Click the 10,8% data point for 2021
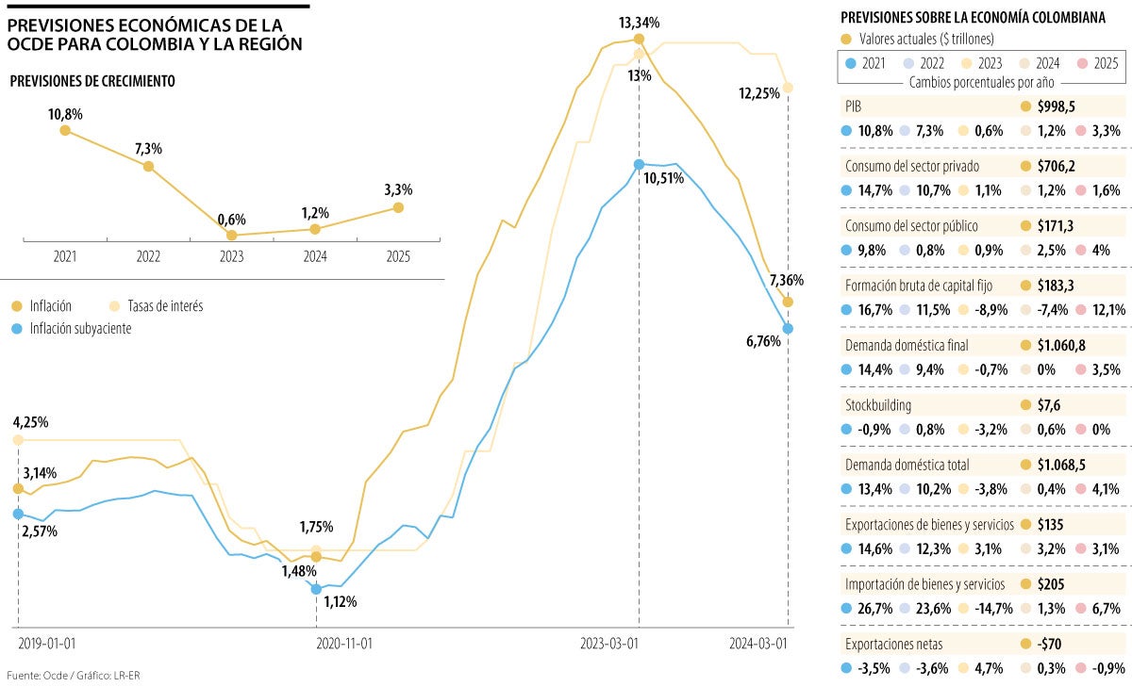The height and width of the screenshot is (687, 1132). point(65,130)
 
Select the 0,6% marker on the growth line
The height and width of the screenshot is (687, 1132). point(231,235)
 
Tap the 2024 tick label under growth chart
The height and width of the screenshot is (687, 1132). point(314,256)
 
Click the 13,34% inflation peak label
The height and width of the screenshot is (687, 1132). point(639,22)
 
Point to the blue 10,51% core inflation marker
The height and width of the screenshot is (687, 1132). point(639,164)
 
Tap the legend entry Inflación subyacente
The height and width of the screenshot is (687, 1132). point(79,328)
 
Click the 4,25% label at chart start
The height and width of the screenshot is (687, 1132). point(30,421)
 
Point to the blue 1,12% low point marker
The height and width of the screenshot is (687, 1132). point(316,589)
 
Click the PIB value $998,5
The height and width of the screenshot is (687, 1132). point(1057,107)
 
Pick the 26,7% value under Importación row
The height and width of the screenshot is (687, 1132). point(872,608)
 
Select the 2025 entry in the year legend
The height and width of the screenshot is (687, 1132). point(1105,63)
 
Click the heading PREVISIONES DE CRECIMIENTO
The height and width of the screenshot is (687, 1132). point(92,82)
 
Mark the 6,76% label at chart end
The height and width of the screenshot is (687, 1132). point(761,341)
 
